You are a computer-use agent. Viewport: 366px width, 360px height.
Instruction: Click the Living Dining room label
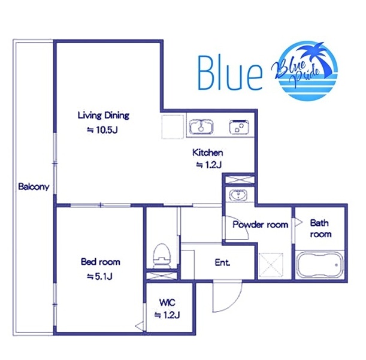(x=104, y=116)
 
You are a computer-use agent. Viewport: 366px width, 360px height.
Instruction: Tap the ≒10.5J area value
(x=102, y=130)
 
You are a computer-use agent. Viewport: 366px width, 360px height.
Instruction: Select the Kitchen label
(x=207, y=153)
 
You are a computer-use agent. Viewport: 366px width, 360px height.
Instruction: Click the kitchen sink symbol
(x=201, y=127)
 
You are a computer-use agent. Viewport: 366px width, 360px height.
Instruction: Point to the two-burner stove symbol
(x=239, y=127)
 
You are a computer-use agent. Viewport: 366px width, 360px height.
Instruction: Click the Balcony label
(x=34, y=187)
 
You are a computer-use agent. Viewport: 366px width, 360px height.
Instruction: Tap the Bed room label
(x=101, y=262)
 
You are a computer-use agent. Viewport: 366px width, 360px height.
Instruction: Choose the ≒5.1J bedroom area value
(x=99, y=277)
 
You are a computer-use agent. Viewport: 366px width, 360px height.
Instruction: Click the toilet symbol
(x=162, y=256)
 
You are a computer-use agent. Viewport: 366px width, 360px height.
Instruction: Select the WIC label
(x=167, y=302)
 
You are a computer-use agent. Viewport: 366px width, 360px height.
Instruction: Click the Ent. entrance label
(x=222, y=262)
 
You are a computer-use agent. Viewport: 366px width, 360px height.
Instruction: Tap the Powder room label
(x=260, y=225)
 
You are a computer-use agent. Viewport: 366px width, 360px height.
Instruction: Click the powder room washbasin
(x=238, y=195)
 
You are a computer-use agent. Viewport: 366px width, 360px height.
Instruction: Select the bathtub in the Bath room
(x=320, y=265)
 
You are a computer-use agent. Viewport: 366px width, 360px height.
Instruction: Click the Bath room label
(x=320, y=229)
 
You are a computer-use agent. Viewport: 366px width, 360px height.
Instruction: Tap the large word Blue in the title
(x=230, y=73)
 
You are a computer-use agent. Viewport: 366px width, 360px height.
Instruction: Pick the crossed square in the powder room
(x=271, y=265)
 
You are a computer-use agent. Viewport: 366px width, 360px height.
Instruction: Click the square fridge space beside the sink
(x=173, y=127)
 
